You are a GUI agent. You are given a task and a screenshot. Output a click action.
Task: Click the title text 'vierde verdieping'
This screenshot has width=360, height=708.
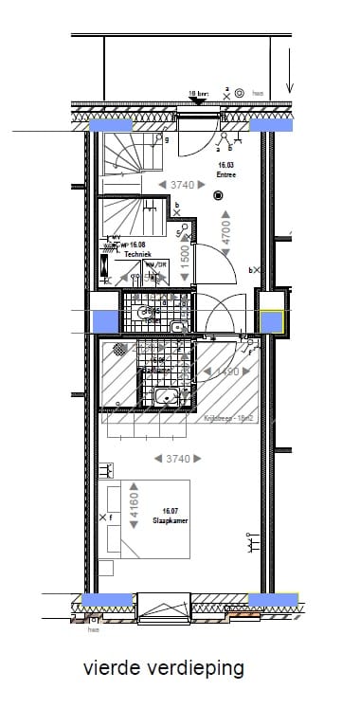click(163, 668)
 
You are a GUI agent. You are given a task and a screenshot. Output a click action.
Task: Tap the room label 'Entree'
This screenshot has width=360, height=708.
click(225, 174)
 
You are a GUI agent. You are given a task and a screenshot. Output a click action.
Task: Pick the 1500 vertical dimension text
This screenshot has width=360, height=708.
click(186, 254)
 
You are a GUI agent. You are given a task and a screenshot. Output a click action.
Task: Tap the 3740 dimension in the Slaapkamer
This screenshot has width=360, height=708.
click(178, 459)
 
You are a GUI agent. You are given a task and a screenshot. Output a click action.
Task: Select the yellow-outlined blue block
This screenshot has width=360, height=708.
click(273, 321)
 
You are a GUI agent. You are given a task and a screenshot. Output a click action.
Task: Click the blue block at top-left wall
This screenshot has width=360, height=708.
click(110, 125)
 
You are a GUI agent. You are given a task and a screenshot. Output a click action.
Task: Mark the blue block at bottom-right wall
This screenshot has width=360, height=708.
click(273, 599)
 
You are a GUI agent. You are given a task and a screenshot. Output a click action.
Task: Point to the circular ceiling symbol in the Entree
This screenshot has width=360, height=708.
click(218, 196)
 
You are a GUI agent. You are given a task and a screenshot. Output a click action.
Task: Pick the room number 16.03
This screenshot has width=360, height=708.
click(225, 165)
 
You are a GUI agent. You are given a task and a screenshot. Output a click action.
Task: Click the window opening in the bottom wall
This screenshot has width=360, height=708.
click(165, 607)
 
